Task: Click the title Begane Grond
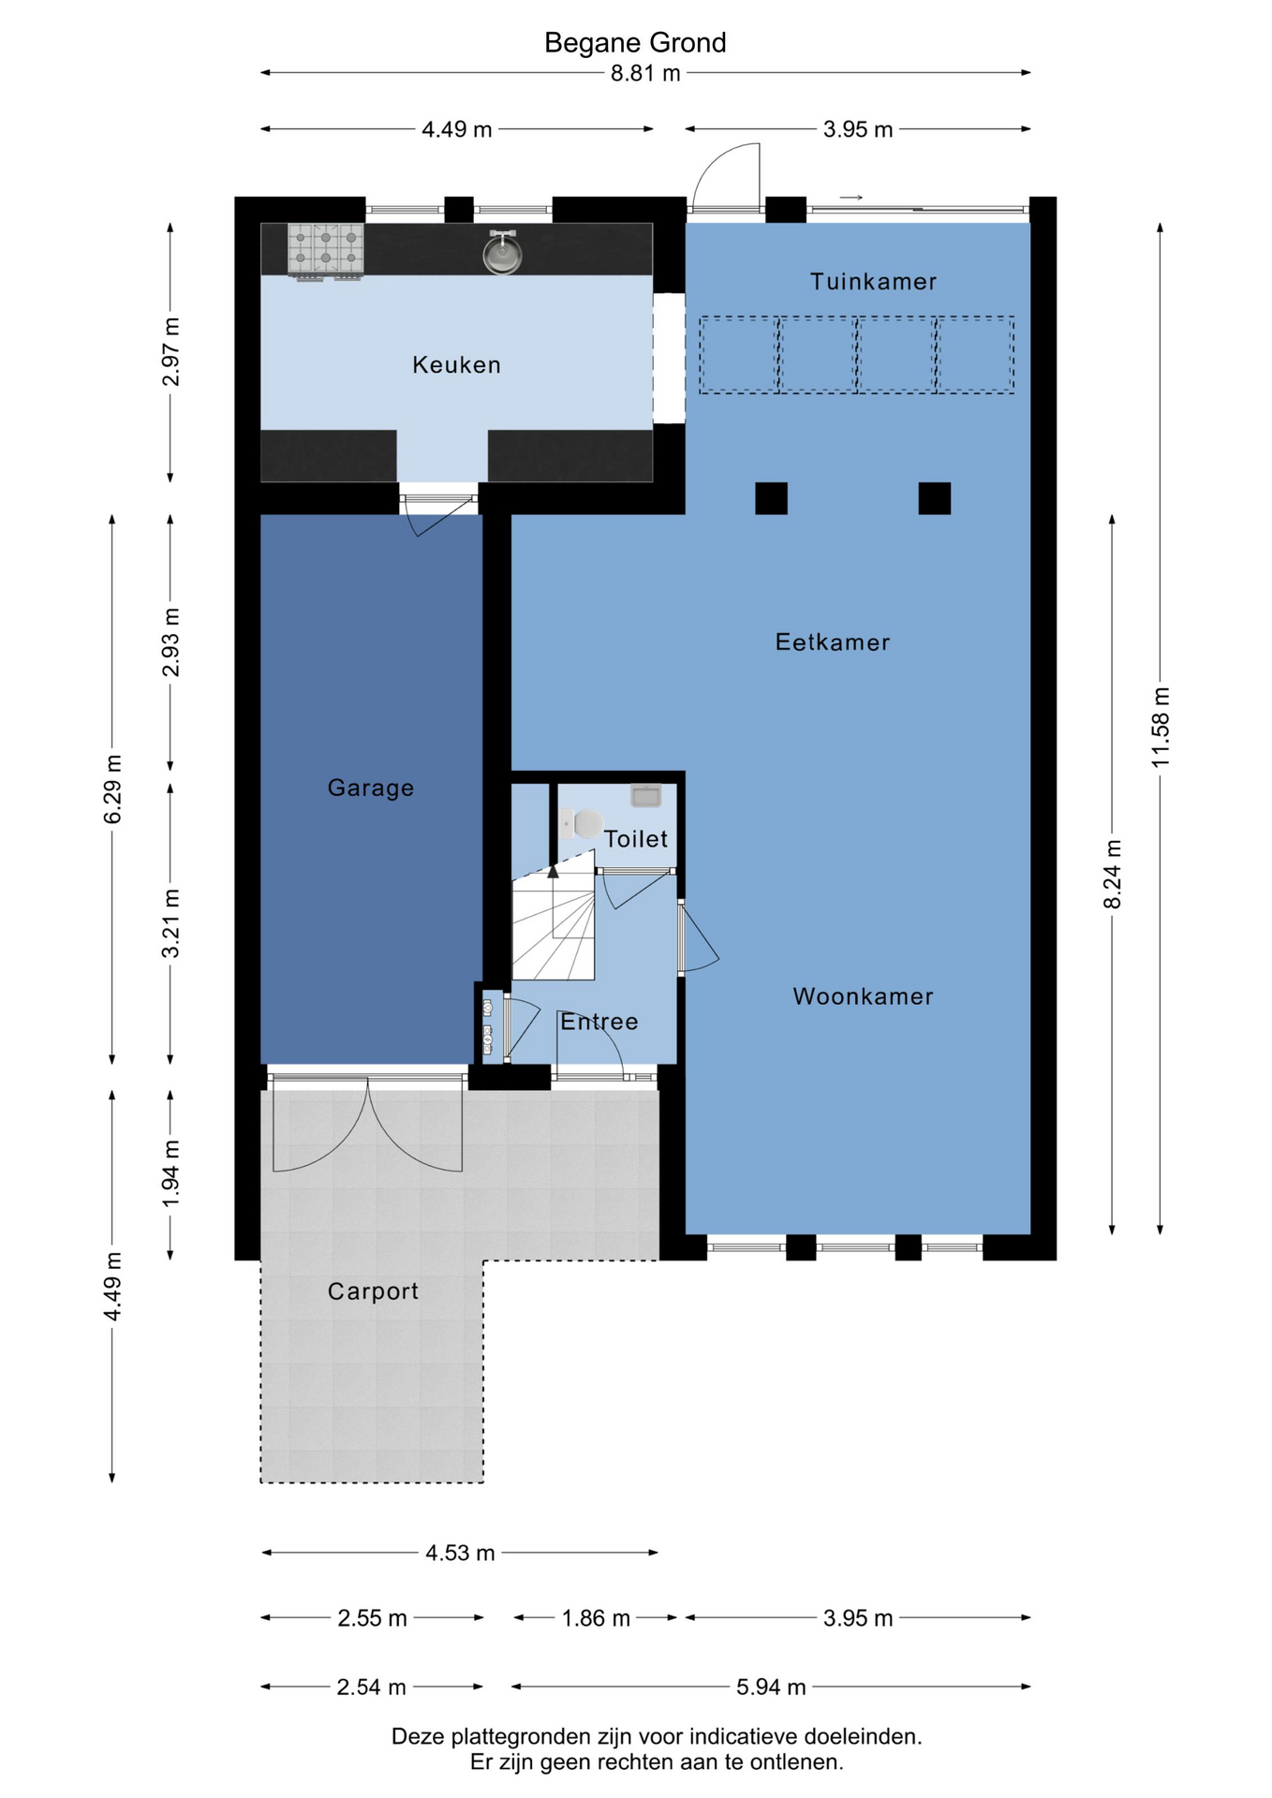point(635,43)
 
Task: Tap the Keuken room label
point(456,364)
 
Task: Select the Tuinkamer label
point(873,281)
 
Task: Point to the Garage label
point(371,788)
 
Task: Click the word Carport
point(373,1291)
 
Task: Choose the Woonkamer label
point(863,996)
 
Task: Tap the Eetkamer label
point(832,642)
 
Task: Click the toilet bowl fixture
point(582,825)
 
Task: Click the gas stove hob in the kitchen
point(325,251)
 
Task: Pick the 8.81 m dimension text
point(645,73)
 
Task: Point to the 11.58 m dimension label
point(1161,728)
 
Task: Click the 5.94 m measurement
point(771,1687)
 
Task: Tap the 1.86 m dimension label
point(596,1617)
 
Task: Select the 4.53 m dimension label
point(460,1553)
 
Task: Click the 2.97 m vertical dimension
point(170,352)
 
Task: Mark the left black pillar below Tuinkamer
point(772,498)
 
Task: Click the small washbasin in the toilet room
point(646,796)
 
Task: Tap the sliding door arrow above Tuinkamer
point(851,198)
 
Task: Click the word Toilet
point(636,839)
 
